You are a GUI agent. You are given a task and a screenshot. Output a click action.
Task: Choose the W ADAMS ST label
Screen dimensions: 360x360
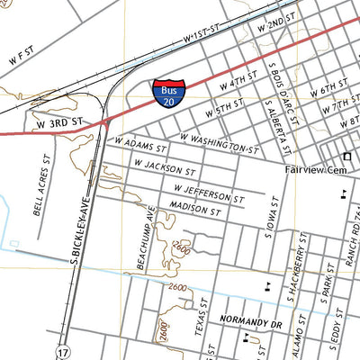[x=140, y=144]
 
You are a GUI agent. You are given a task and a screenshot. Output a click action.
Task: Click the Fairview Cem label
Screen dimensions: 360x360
[x=311, y=169]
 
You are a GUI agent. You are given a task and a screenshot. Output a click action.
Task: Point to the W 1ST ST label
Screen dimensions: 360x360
[x=202, y=37]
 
